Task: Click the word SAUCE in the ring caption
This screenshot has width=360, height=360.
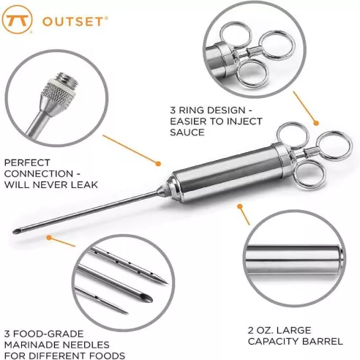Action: pyautogui.click(x=186, y=132)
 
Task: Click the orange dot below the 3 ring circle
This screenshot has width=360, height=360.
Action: pyautogui.click(x=317, y=121)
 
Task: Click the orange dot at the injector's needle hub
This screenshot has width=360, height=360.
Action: pyautogui.click(x=159, y=162)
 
